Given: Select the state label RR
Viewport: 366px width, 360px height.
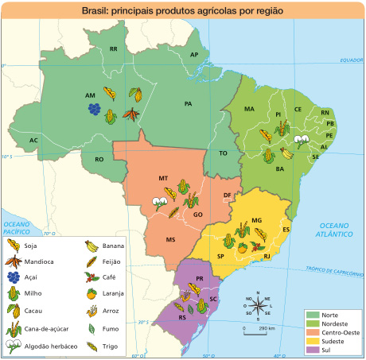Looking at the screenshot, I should pos(114,49).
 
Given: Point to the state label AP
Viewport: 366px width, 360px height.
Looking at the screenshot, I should pos(194,54).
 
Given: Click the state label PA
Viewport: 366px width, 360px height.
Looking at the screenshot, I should pos(189,103).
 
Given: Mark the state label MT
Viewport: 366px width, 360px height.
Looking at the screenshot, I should pos(163,178).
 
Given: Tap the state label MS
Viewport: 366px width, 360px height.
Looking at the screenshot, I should pos(170,238).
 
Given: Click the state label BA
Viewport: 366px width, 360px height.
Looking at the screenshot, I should pos(280,168).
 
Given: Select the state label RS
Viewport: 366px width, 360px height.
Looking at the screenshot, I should pos(182,316).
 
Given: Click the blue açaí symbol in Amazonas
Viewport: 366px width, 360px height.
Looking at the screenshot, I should pos(94,108).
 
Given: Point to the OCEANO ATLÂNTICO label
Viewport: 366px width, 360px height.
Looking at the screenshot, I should pos(333,230).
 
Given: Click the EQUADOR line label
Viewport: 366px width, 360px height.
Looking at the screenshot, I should pos(351,60).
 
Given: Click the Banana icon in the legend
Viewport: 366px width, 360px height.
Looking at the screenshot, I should pos(91,246).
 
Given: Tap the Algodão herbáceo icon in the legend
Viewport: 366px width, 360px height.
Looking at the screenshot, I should pos(13,346).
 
